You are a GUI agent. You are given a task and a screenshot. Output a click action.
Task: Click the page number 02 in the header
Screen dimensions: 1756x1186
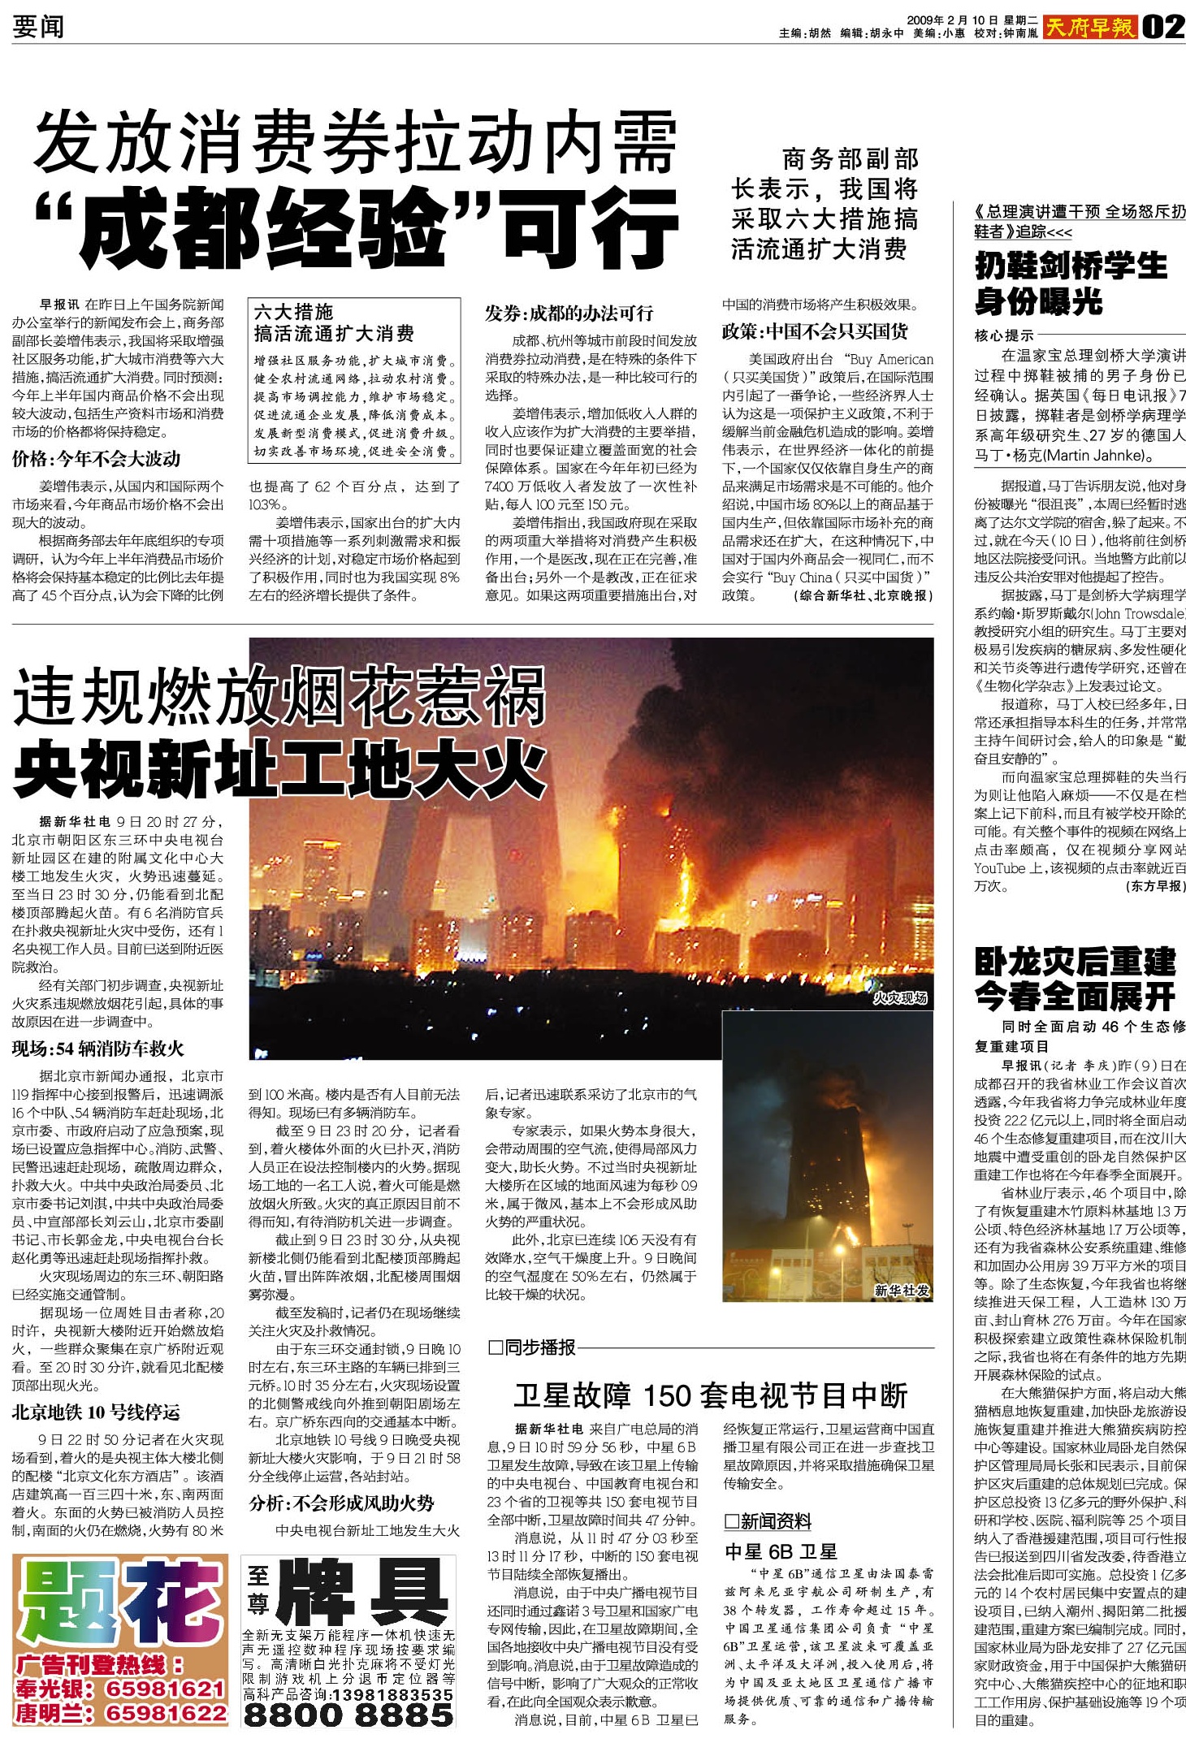1163,28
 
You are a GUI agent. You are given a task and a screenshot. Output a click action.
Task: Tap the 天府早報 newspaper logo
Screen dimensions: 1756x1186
1089,28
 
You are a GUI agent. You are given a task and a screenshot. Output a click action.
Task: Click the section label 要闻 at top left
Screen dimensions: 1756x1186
37,27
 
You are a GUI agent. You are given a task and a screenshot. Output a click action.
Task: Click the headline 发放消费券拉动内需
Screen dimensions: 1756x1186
355,145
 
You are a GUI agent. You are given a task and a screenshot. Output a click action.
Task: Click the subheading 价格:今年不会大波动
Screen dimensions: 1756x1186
96,459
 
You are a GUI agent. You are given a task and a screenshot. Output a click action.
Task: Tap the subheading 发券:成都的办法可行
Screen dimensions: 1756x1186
569,314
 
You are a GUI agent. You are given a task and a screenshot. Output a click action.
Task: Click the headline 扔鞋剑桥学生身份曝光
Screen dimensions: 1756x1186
1071,283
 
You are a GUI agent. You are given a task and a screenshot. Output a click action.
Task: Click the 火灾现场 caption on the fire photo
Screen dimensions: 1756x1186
899,997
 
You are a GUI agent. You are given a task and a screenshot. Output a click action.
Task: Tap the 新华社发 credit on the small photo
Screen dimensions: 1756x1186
902,1290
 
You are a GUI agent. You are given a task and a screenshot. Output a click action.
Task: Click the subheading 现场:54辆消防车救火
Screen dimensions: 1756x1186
97,1049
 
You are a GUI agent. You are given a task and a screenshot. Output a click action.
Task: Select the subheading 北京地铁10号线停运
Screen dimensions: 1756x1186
96,1412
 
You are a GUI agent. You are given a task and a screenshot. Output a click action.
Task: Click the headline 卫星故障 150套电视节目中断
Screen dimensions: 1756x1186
710,1395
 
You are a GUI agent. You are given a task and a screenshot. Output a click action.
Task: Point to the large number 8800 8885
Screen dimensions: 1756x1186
348,1714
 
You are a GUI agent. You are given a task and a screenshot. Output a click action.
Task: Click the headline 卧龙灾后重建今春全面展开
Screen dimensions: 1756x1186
1075,979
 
